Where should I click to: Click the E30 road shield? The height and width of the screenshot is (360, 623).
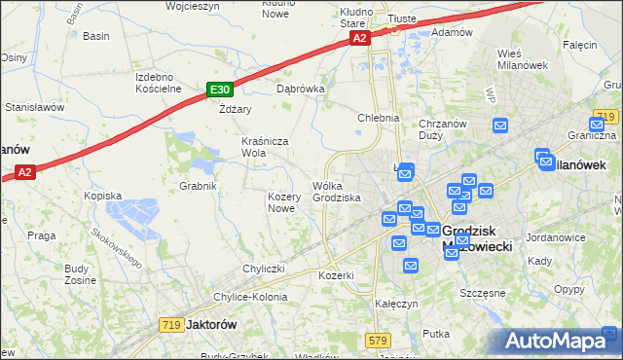219,90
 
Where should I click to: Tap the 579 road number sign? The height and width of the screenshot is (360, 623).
379,340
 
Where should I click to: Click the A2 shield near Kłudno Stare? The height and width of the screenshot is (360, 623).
359,38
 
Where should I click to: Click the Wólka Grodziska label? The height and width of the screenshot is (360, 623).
337,192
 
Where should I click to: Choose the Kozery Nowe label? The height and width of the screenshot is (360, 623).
281,202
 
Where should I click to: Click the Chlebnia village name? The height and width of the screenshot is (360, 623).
379,118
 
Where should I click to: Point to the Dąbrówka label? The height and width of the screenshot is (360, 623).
300,88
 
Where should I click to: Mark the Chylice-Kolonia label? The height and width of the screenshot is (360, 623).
251,297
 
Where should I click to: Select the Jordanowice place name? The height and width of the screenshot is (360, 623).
554,236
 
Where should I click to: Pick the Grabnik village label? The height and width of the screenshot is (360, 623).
197,185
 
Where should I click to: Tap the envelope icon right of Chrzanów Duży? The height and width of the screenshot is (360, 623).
500,126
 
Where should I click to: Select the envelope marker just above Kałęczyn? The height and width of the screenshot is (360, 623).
411,265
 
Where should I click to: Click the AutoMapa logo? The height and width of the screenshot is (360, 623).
562,342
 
